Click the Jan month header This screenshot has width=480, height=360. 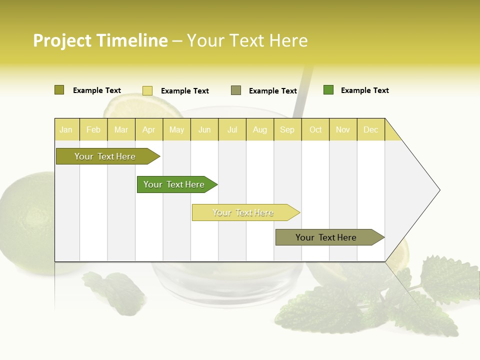point(66,130)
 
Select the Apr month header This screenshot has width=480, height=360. point(149,130)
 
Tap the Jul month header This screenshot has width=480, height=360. point(232,130)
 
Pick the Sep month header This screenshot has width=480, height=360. point(287,130)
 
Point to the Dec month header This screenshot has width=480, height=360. point(371,130)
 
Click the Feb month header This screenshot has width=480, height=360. point(93,130)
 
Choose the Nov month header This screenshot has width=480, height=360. point(343,130)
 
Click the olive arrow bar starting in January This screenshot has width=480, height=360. point(105,156)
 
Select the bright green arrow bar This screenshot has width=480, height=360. point(174,184)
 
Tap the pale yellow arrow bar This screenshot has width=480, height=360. point(243,212)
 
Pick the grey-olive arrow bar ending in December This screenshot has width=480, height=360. point(326,237)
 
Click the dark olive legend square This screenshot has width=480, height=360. point(59,90)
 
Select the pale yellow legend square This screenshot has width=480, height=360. point(147,90)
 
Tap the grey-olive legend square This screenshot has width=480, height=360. point(236,90)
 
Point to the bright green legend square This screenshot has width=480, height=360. point(328,90)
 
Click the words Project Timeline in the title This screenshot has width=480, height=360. point(100,40)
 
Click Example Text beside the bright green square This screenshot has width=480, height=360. point(364,90)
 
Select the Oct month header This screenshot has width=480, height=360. point(315,130)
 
